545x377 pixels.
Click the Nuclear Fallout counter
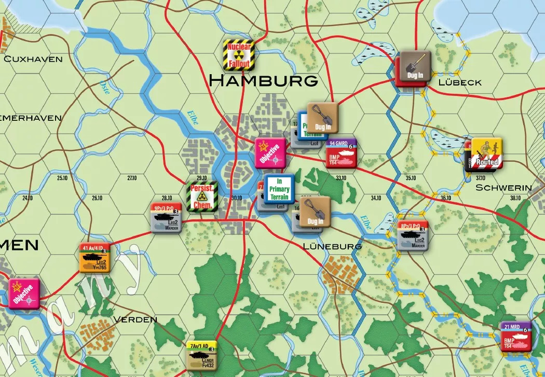pos(238,55)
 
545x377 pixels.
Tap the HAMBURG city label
pos(263,81)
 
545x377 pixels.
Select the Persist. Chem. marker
pos(202,195)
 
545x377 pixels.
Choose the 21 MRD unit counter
pos(516,336)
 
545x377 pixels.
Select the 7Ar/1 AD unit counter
pos(201,355)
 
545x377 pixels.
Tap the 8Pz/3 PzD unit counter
pos(413,236)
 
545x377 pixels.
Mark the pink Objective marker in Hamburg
pos(270,153)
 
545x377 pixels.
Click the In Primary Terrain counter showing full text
pos(279,189)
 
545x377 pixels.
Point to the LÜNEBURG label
pos(333,246)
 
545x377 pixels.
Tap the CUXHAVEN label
pos(33,59)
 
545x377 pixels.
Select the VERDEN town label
pos(135,319)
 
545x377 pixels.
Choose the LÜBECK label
pos(459,82)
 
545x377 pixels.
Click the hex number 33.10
pos(341,178)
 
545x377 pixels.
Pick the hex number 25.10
pos(62,178)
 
